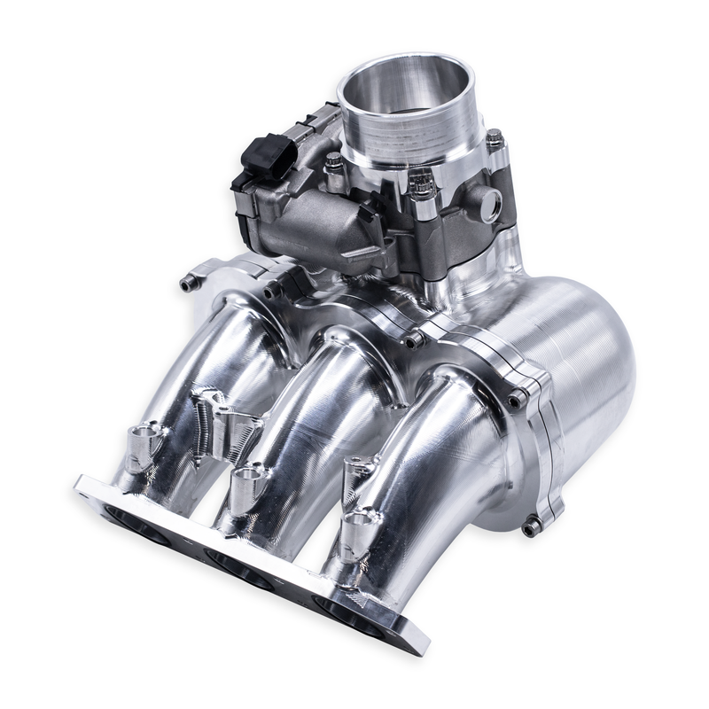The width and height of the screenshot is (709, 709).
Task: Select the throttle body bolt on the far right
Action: click(495, 140)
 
